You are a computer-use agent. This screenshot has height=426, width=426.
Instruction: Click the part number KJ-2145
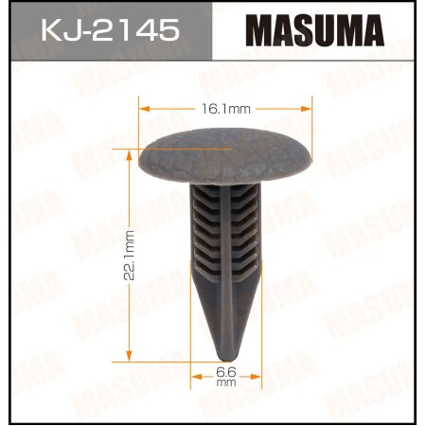[108, 32]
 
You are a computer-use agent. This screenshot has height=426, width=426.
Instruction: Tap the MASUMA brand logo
[316, 32]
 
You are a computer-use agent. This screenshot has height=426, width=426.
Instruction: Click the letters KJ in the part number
[58, 32]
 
